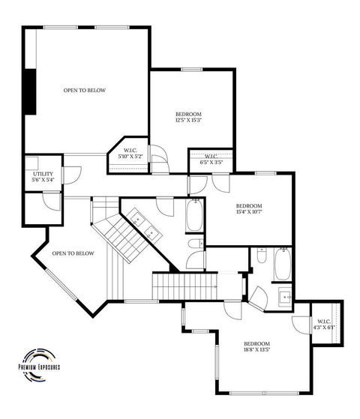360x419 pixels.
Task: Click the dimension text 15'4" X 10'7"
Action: [248, 212]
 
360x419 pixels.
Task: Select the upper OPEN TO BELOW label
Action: [84, 90]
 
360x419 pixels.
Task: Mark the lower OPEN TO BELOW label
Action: [73, 253]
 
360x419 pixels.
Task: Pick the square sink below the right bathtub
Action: [284, 295]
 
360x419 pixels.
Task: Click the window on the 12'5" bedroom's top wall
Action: [187, 69]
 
